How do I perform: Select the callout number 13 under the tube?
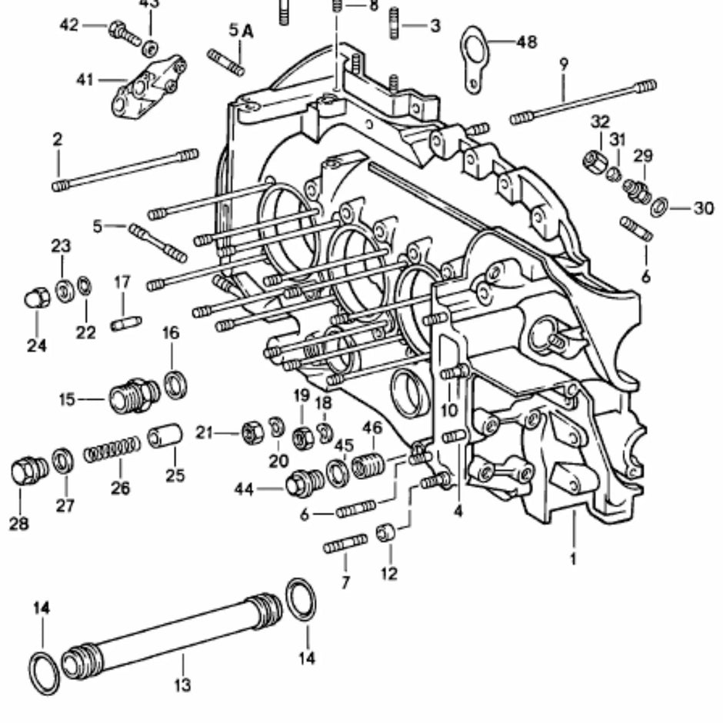pyautogui.click(x=182, y=685)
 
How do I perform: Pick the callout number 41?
pyautogui.click(x=85, y=78)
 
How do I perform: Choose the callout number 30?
pyautogui.click(x=703, y=208)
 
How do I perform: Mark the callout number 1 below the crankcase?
pyautogui.click(x=572, y=559)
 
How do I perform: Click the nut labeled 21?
pyautogui.click(x=252, y=434)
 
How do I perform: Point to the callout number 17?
pyautogui.click(x=122, y=282)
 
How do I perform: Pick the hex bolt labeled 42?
pyautogui.click(x=124, y=32)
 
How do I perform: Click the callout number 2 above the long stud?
pyautogui.click(x=58, y=140)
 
